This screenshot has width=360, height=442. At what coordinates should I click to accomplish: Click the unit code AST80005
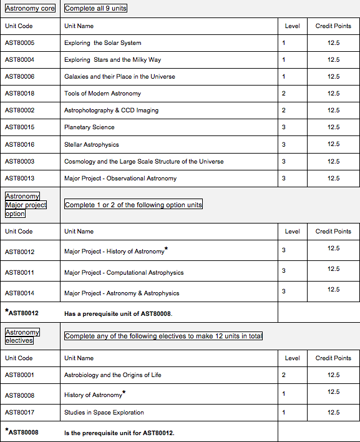click(19, 43)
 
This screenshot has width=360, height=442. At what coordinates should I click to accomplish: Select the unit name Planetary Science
click(89, 127)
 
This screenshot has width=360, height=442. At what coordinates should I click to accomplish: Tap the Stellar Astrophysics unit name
click(91, 144)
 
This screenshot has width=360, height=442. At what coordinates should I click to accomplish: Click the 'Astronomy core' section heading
click(29, 8)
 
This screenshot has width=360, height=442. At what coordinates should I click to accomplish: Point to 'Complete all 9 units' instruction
click(95, 8)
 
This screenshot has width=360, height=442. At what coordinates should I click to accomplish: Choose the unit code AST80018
click(19, 94)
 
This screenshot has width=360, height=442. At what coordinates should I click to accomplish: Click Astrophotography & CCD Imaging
click(111, 110)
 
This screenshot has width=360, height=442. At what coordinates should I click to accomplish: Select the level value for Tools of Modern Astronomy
click(284, 94)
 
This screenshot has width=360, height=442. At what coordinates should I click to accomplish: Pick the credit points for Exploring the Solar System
click(333, 43)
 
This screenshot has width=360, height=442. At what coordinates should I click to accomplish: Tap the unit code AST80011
click(19, 272)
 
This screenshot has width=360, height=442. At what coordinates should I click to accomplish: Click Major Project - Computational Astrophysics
click(124, 272)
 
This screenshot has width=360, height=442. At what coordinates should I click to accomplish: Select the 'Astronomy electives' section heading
click(22, 336)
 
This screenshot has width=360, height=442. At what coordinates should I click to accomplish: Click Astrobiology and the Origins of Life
click(112, 375)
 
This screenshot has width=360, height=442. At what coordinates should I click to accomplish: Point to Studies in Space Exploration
click(104, 412)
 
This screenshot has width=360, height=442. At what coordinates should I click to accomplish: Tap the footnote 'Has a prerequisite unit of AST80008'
click(118, 313)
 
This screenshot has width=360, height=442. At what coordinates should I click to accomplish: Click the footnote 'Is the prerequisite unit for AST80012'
click(119, 433)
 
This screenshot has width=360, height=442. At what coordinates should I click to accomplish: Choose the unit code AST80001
click(19, 375)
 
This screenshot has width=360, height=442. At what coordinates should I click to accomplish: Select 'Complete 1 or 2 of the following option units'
click(134, 205)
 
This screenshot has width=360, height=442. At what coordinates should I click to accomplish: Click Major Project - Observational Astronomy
click(120, 178)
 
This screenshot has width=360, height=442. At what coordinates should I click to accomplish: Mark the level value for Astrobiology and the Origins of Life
click(284, 375)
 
